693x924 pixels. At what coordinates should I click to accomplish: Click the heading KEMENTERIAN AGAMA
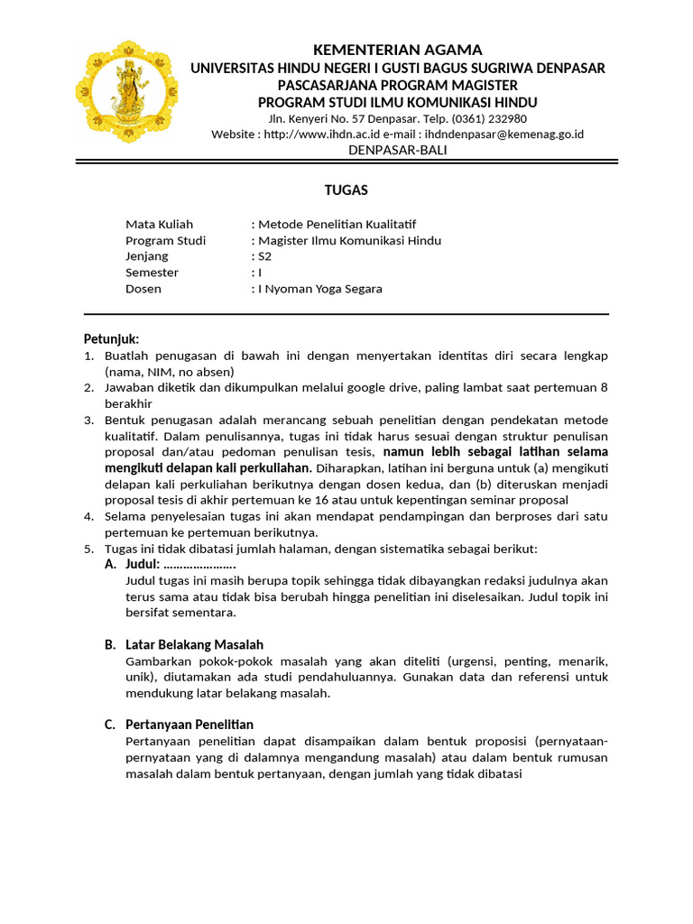[x=397, y=50]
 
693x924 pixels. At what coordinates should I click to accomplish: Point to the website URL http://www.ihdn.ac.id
[x=324, y=134]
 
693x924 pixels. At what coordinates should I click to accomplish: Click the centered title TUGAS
[x=346, y=190]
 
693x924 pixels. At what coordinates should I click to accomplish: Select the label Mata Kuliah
[x=159, y=224]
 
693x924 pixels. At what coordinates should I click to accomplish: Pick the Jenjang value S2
[x=264, y=256]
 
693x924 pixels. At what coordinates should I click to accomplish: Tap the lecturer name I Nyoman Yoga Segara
[x=319, y=289]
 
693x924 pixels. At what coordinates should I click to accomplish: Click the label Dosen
[x=143, y=289]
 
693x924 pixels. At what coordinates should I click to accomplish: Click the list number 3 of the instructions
[x=88, y=420]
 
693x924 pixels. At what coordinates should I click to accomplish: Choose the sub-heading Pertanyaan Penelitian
[x=189, y=724]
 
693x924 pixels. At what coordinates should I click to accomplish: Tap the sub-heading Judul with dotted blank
[x=180, y=564]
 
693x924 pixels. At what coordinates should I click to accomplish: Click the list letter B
[x=110, y=644]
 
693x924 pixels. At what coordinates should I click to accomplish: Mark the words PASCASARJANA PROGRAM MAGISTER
[x=397, y=85]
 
